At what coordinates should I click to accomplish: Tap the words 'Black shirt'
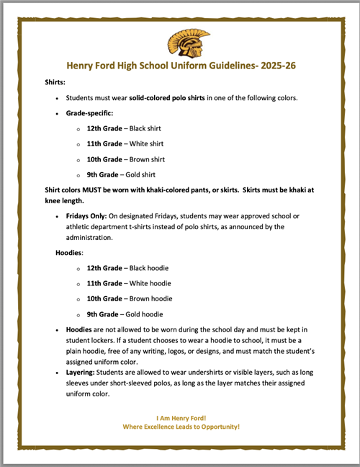pos(148,128)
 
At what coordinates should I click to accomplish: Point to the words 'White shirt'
pos(148,143)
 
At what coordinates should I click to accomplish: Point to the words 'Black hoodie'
pos(150,267)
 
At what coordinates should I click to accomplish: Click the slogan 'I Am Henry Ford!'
pos(180,418)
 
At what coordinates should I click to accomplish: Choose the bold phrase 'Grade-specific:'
pos(90,112)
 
